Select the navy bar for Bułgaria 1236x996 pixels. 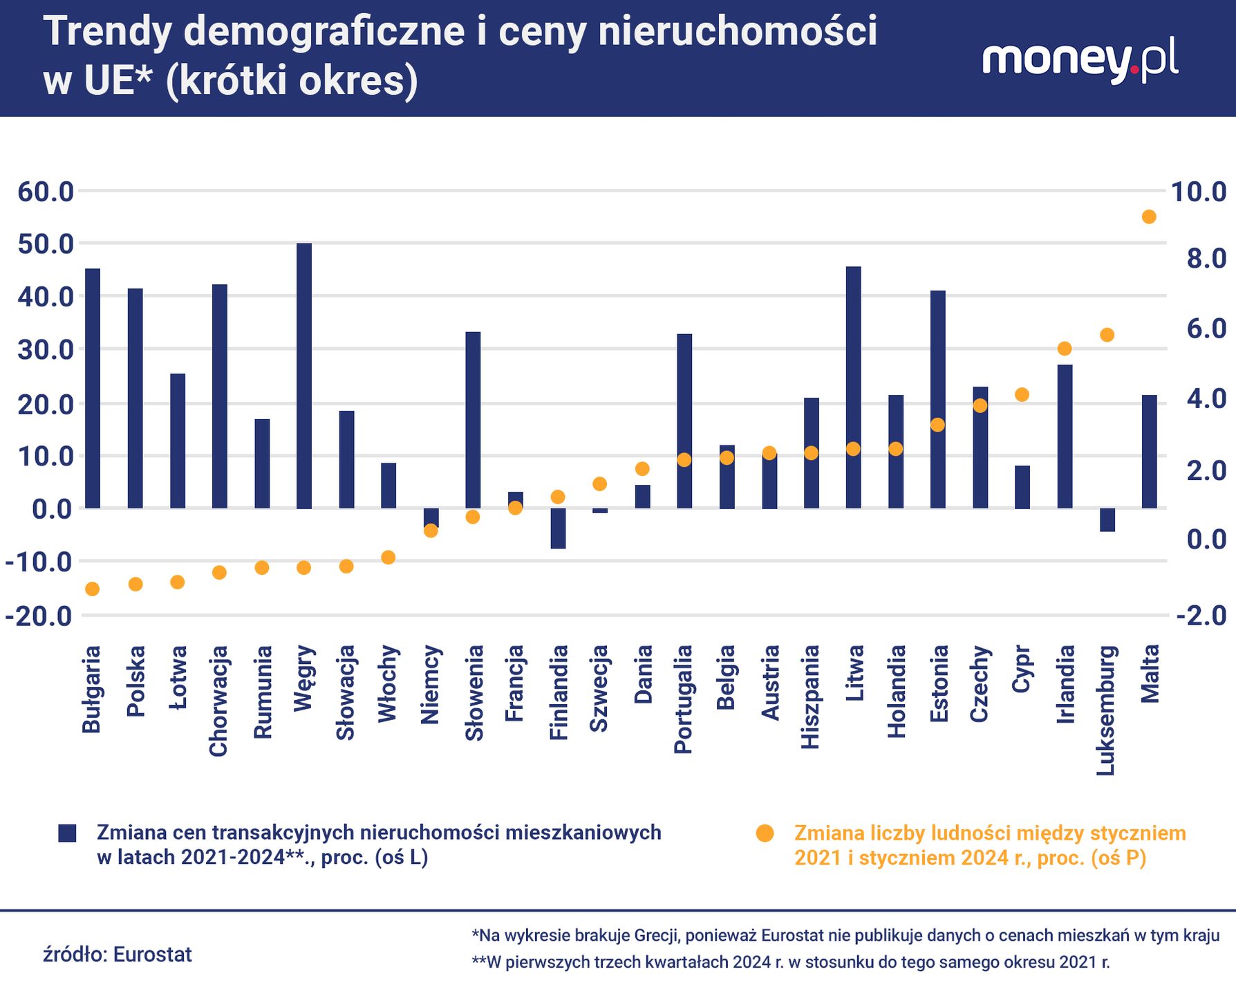click(x=93, y=388)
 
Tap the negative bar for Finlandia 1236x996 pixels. click(x=558, y=528)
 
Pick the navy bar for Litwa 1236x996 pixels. click(x=854, y=387)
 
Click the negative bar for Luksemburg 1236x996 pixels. click(x=1107, y=520)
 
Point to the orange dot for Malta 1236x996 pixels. click(x=1149, y=217)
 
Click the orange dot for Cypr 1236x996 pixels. click(x=1022, y=395)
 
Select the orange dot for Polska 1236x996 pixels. click(x=135, y=584)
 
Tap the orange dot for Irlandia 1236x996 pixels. click(x=1065, y=349)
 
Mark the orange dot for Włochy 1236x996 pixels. click(x=388, y=557)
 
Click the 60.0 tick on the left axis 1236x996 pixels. click(x=46, y=192)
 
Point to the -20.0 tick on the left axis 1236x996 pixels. click(x=39, y=616)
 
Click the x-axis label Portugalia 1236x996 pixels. click(x=683, y=699)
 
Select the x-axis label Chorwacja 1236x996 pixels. click(x=218, y=701)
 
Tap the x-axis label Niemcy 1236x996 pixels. click(x=430, y=685)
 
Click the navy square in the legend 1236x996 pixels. click(x=67, y=833)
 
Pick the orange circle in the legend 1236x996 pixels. click(x=765, y=833)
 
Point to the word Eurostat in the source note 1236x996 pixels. click(x=152, y=954)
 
